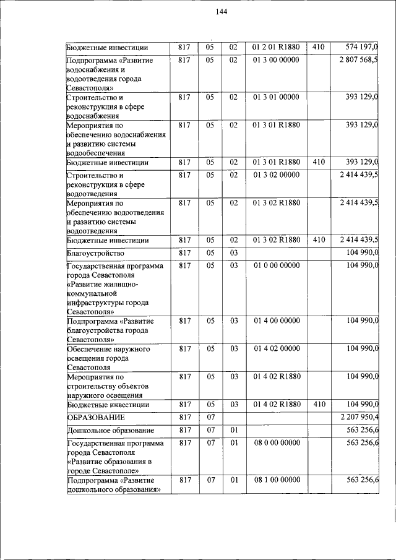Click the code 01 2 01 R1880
(276, 46)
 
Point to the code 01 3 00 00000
(276, 59)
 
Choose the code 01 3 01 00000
(276, 97)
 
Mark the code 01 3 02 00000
(276, 174)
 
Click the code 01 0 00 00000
(276, 265)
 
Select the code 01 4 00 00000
(276, 321)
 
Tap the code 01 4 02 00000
(276, 348)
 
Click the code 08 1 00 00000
(276, 480)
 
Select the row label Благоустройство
(96, 253)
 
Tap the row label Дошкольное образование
(111, 430)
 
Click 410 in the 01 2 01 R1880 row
(319, 46)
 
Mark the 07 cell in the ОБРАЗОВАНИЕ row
(210, 417)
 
